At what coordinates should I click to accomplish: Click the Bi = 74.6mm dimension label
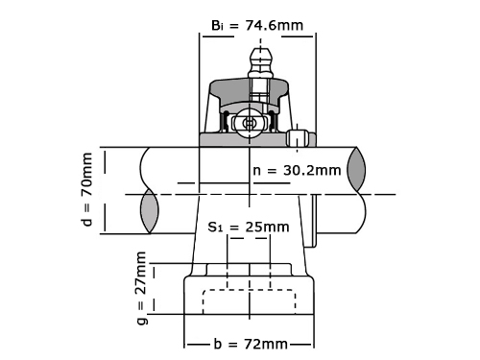[x=257, y=25]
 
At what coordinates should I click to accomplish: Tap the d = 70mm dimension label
[x=87, y=189]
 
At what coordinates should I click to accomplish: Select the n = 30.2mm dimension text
[x=297, y=170]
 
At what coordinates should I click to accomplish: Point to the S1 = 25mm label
[x=249, y=227]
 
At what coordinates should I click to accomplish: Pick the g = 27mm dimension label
[x=141, y=288]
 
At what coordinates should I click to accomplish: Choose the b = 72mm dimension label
[x=251, y=345]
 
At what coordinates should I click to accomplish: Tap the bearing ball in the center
[x=249, y=123]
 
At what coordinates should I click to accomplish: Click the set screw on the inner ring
[x=297, y=138]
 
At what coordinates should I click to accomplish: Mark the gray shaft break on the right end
[x=356, y=169]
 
